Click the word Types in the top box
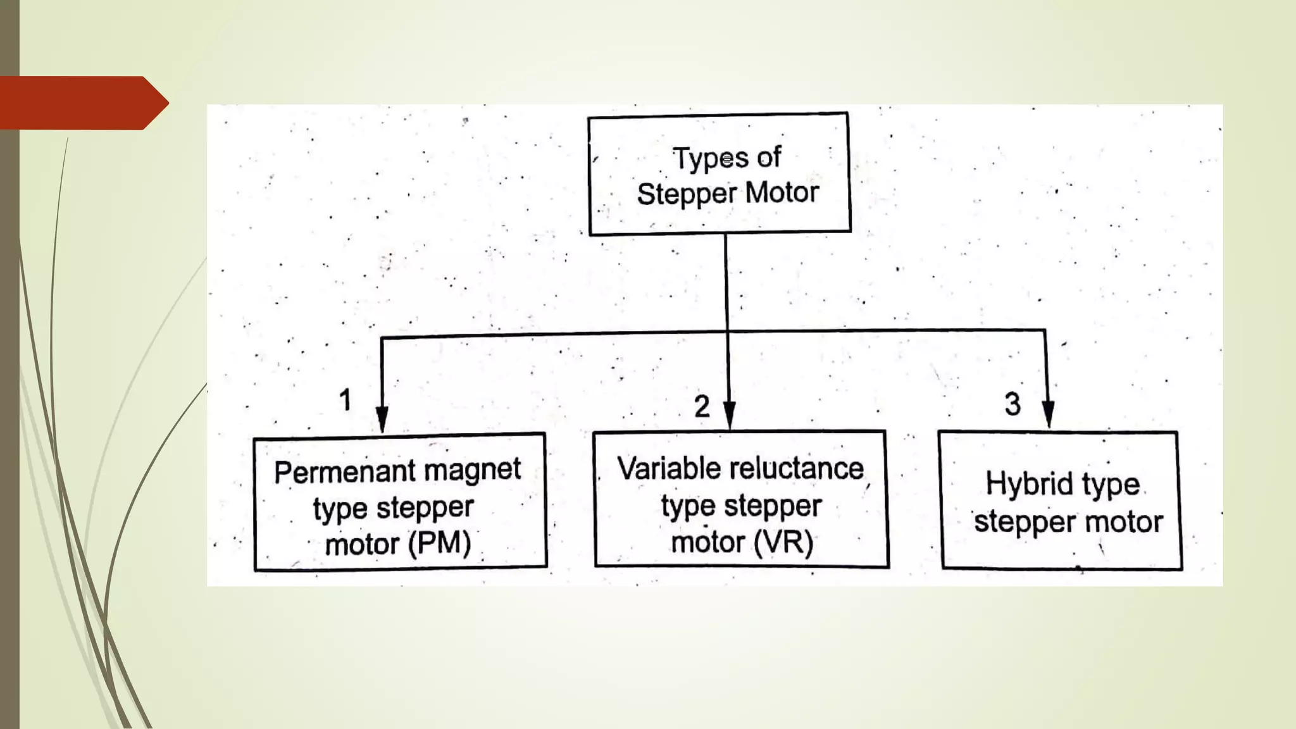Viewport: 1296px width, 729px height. pos(710,158)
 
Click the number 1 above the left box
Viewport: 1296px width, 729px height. pos(345,400)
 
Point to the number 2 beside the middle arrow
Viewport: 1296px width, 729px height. pos(702,406)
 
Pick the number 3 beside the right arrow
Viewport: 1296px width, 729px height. pos(1012,404)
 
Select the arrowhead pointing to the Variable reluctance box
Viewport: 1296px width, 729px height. pos(729,415)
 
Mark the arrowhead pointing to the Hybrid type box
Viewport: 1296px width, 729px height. pos(1048,414)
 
